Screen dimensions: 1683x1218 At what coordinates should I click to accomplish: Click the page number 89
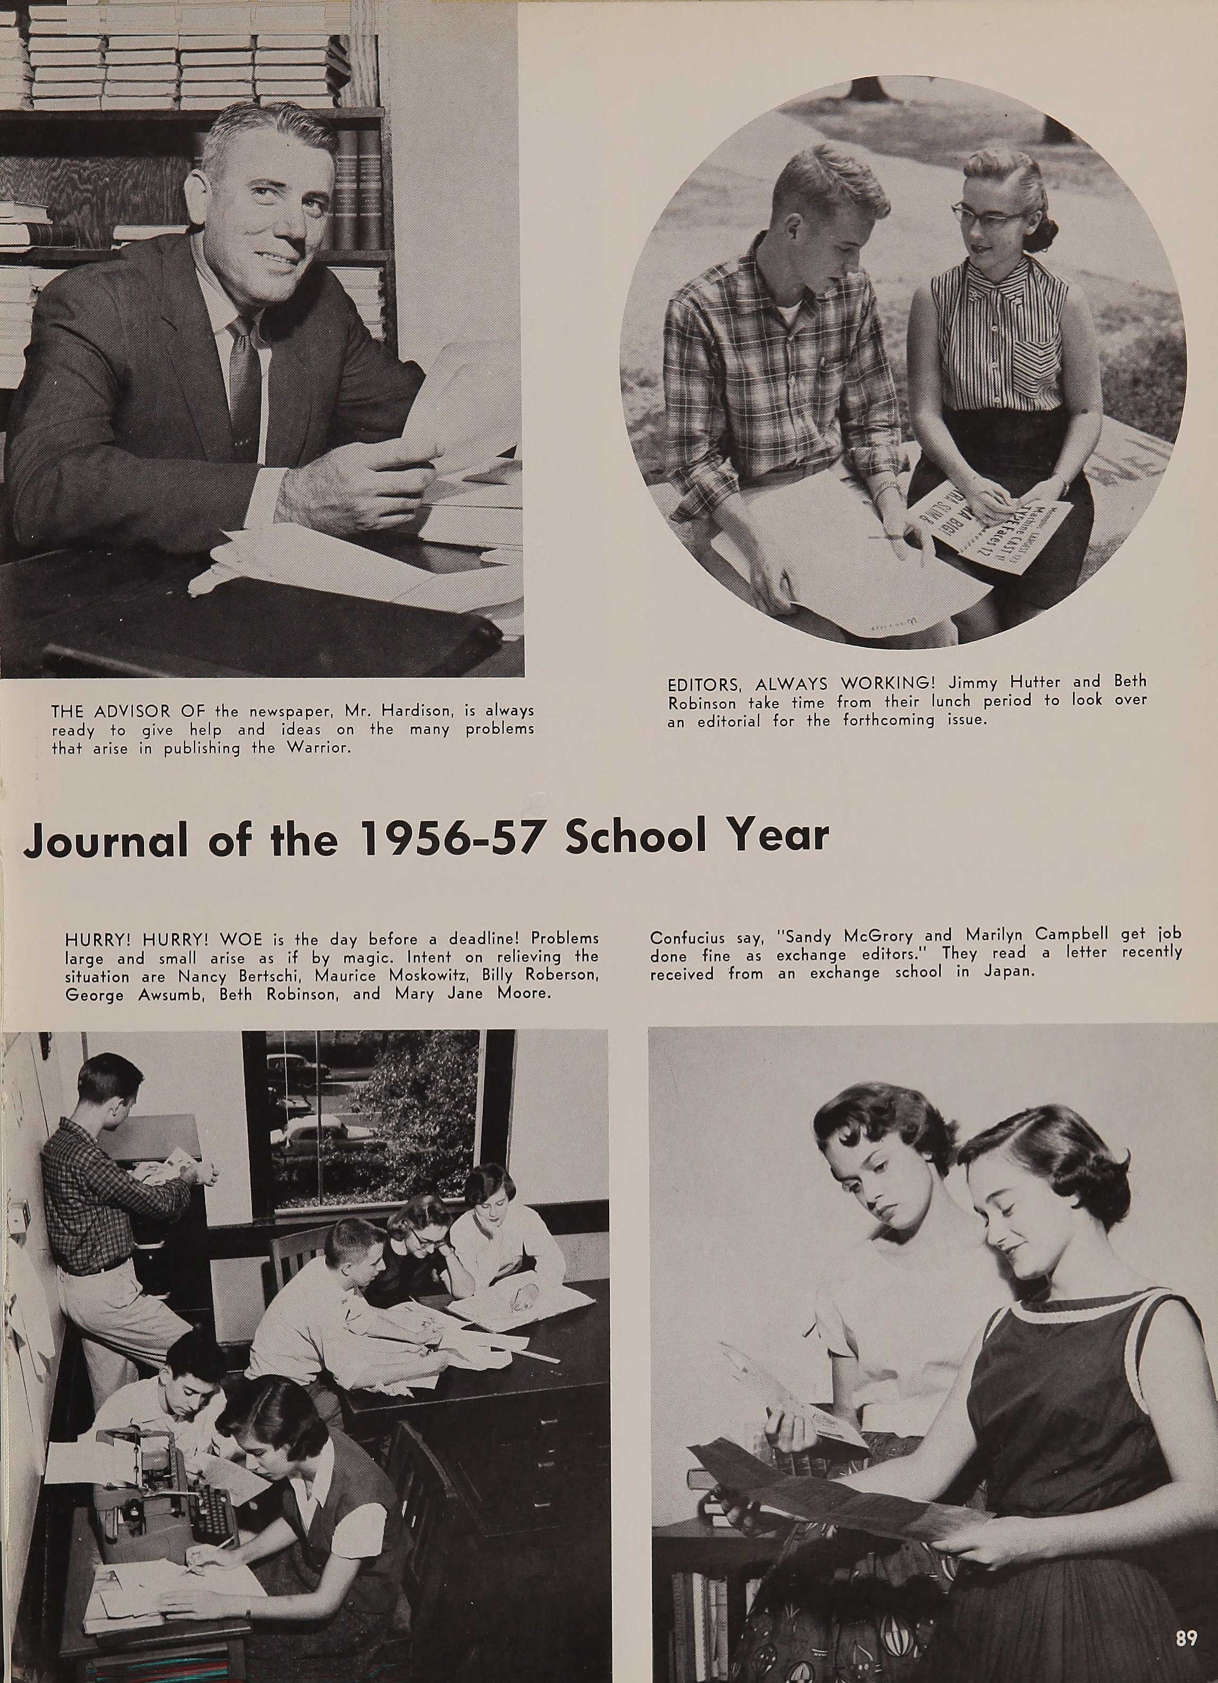pyautogui.click(x=1186, y=1633)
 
